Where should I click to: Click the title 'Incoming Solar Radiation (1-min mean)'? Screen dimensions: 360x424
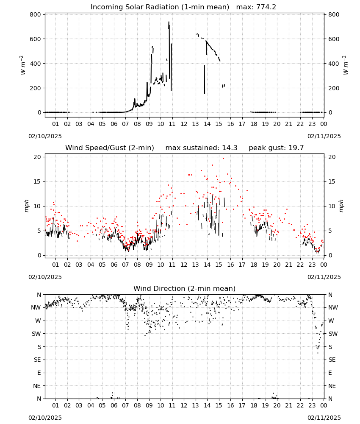[160, 7]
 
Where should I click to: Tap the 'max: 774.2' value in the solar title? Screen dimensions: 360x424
[256, 7]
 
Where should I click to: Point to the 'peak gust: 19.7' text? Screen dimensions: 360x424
[276, 148]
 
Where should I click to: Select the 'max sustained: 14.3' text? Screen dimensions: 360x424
[201, 148]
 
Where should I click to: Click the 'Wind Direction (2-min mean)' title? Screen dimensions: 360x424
[185, 288]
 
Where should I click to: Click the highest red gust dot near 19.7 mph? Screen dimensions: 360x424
[223, 158]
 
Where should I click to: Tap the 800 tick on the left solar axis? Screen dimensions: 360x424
[36, 14]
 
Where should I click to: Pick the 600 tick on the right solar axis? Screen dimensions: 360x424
[334, 39]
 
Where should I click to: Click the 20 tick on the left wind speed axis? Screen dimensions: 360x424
[38, 157]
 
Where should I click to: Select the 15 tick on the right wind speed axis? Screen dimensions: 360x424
[332, 182]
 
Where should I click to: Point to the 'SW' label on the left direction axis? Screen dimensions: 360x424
[36, 334]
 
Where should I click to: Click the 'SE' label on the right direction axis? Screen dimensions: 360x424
[332, 360]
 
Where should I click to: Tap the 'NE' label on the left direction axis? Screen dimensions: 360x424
[37, 386]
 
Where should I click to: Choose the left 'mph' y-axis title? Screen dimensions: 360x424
[26, 206]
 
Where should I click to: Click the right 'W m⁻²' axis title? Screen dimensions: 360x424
[346, 65]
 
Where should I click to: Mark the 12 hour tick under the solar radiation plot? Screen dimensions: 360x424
[184, 124]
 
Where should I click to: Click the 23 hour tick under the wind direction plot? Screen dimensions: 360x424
[312, 405]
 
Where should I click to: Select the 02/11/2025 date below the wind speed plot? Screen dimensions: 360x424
[324, 277]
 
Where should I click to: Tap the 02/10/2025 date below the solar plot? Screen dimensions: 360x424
[45, 136]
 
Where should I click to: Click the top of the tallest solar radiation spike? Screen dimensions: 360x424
[169, 22]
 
